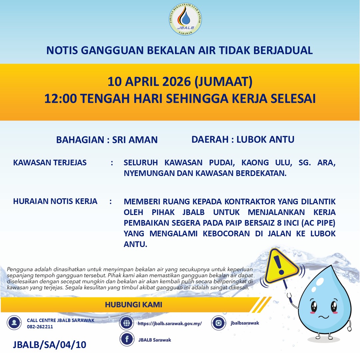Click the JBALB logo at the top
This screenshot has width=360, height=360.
point(185,20)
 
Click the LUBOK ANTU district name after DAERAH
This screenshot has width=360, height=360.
point(265,139)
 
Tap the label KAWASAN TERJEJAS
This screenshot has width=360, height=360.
point(50,163)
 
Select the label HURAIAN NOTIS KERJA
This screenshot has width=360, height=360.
point(55,201)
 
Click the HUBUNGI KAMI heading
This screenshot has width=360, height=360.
point(133,305)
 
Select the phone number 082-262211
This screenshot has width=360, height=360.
point(40,327)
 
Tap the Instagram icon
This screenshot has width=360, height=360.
point(219,323)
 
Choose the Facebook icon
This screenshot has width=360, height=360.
point(127,340)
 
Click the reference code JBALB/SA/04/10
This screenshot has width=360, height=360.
point(49,345)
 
